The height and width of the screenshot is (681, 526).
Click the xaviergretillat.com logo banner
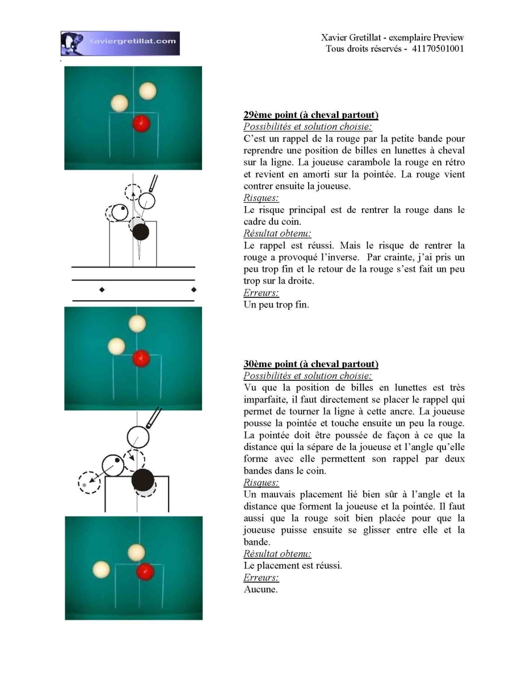(x=120, y=43)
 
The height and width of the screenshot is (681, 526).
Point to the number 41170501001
(x=437, y=49)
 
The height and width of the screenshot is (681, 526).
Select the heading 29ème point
(x=270, y=115)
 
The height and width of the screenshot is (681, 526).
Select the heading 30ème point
(x=270, y=364)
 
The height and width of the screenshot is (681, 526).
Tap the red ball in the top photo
(x=141, y=124)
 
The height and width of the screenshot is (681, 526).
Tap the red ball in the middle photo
(x=141, y=358)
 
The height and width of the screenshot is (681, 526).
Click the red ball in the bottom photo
(x=145, y=571)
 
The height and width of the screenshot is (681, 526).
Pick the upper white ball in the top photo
(x=148, y=91)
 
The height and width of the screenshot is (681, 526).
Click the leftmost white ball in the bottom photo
(x=102, y=569)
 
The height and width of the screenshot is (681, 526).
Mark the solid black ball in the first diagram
(x=141, y=232)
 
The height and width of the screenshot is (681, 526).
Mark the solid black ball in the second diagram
(x=143, y=480)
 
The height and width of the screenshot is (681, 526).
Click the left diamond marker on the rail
(x=102, y=290)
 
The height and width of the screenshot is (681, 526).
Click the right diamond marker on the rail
(x=194, y=289)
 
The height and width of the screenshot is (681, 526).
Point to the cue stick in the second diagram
(x=154, y=418)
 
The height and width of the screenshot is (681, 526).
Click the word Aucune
(x=260, y=589)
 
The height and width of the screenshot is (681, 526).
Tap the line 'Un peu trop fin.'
(x=276, y=305)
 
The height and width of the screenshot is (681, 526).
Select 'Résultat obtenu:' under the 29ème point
(x=277, y=233)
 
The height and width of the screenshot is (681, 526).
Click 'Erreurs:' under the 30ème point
(x=261, y=577)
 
